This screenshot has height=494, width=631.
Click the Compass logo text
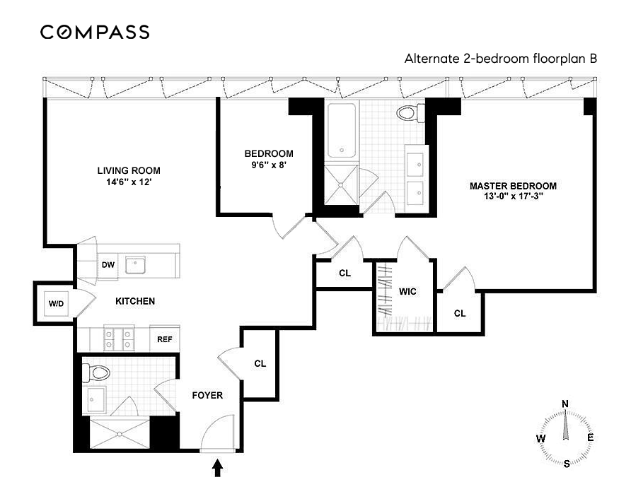point(95,32)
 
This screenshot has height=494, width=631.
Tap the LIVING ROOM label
point(129,170)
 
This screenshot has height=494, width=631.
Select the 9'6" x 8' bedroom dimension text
point(268,165)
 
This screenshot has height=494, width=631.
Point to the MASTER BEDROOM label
point(513,186)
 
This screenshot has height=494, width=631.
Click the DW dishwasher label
point(108,265)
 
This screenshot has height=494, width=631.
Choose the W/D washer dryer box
point(56,304)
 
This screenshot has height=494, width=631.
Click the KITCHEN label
point(135,301)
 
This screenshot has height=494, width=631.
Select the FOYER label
point(207,395)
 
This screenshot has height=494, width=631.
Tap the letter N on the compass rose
point(565,404)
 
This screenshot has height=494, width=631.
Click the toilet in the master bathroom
point(410,112)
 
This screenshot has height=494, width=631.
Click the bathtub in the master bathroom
point(341,131)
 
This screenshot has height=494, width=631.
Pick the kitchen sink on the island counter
point(134,265)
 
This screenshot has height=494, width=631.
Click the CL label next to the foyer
point(260,364)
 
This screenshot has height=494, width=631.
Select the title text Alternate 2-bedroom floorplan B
point(500,59)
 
